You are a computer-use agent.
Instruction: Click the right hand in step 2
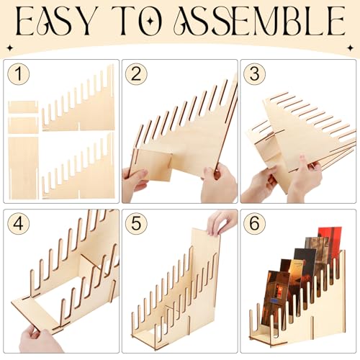(218, 184)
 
